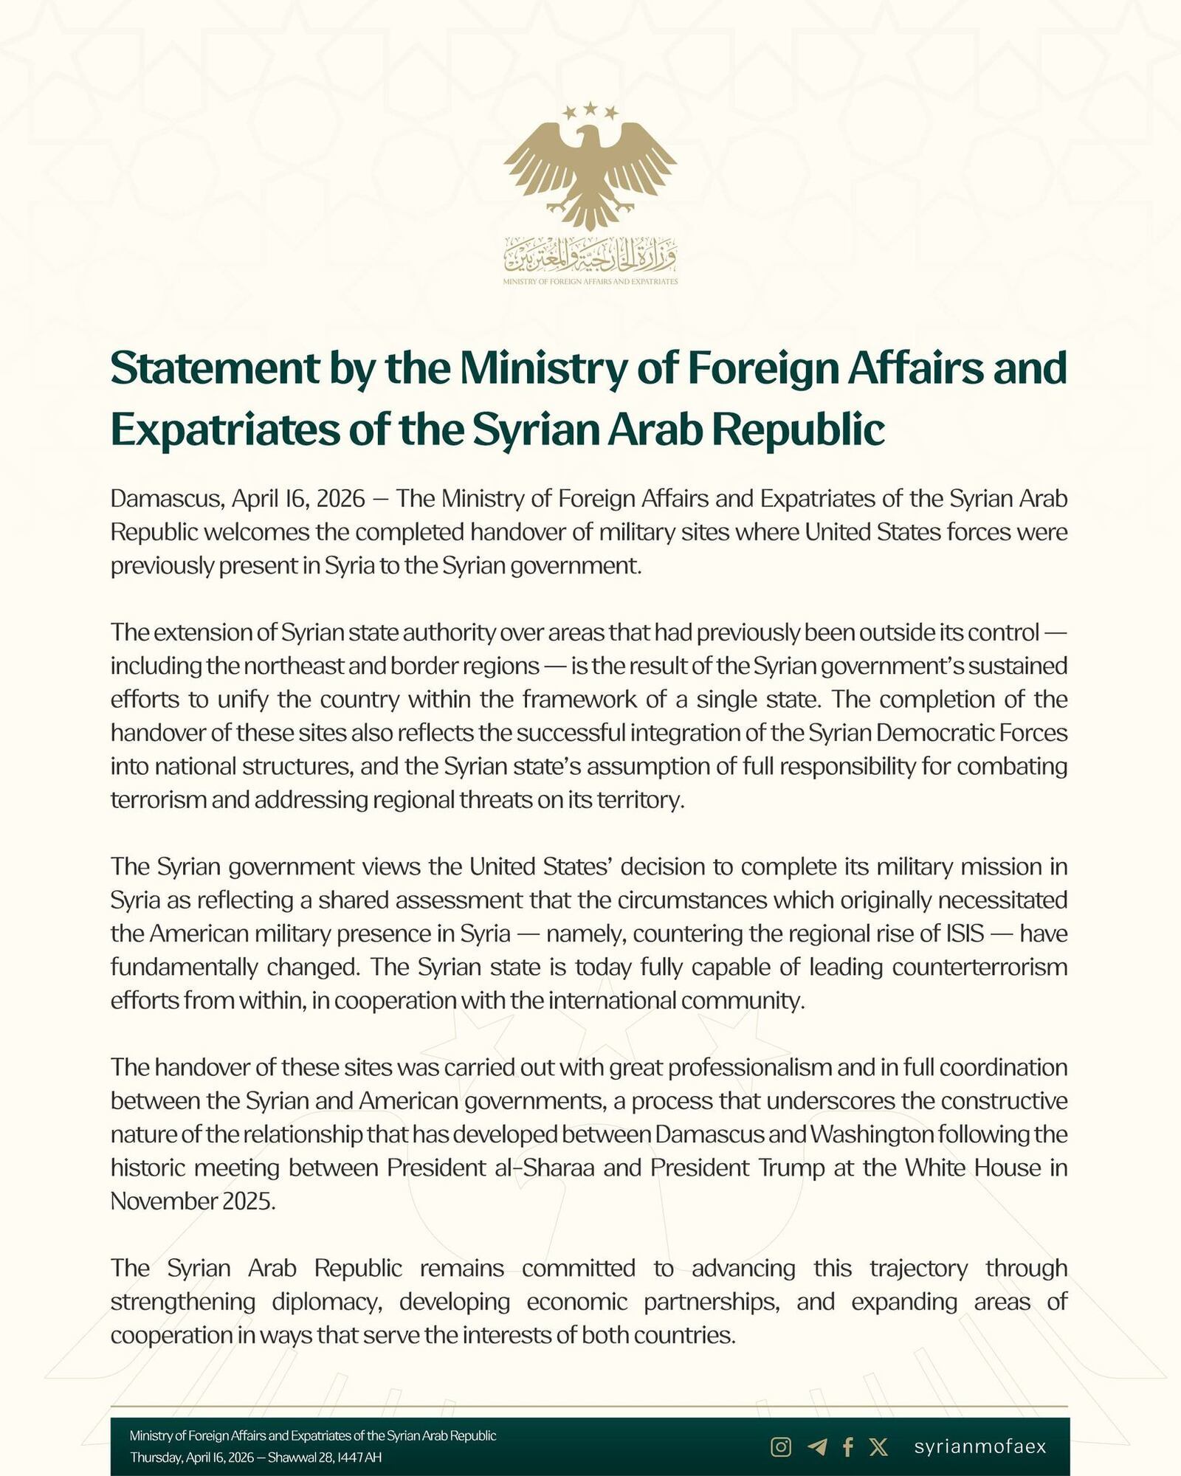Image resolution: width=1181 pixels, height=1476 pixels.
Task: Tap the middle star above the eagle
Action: coord(590,108)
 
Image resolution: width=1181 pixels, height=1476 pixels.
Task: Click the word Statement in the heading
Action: coord(215,368)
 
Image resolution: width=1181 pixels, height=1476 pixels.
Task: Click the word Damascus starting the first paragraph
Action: coord(166,499)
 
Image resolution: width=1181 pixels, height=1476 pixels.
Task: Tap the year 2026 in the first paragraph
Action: coord(340,499)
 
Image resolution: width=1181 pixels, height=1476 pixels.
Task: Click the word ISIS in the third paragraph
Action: coord(965,934)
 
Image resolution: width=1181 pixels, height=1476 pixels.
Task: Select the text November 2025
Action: coord(193,1201)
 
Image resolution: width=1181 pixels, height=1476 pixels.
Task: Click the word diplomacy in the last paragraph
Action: coord(327,1301)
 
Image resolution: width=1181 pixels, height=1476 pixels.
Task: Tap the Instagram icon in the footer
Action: coord(781,1447)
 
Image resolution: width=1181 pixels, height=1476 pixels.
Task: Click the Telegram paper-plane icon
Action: coord(817,1447)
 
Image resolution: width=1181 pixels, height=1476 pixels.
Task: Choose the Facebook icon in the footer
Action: coord(848,1447)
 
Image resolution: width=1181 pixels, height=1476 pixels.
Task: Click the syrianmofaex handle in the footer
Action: coord(980,1446)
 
